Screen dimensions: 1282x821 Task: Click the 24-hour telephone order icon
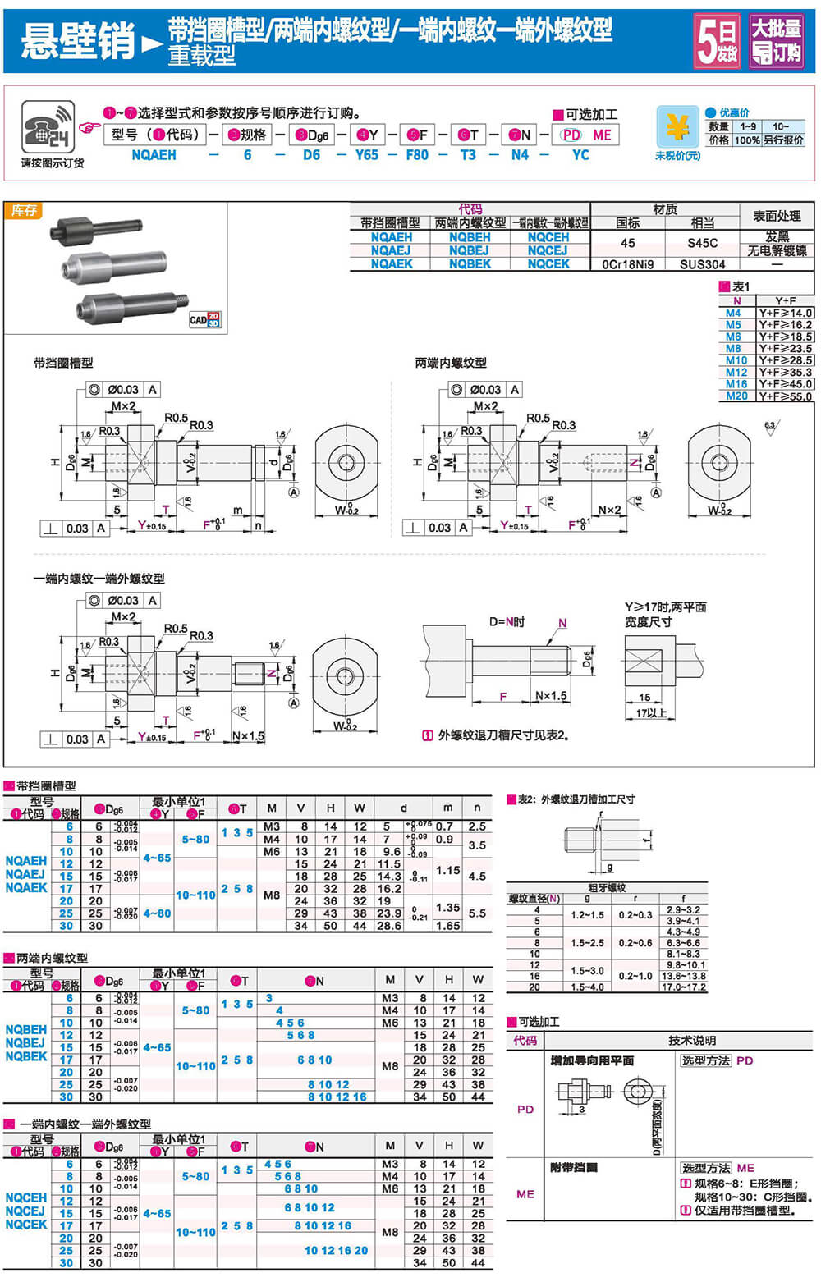pyautogui.click(x=48, y=127)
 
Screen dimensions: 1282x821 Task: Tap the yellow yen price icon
pyautogui.click(x=677, y=127)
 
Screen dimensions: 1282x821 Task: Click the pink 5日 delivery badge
pyautogui.click(x=717, y=40)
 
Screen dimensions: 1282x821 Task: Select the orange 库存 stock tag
pyautogui.click(x=24, y=211)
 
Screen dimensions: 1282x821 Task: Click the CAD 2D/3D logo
pyautogui.click(x=204, y=319)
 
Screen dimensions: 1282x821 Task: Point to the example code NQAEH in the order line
pyautogui.click(x=154, y=154)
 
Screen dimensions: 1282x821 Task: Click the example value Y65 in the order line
pyautogui.click(x=366, y=154)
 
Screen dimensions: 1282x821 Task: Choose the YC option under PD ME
pyautogui.click(x=580, y=154)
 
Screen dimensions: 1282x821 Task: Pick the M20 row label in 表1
pyautogui.click(x=736, y=396)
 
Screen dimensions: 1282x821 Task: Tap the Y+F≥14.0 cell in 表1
pyautogui.click(x=785, y=313)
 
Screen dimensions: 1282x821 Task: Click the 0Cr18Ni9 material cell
pyautogui.click(x=629, y=264)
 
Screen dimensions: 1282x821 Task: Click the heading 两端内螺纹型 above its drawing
pyautogui.click(x=451, y=363)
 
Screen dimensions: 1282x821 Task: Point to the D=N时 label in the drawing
pyautogui.click(x=507, y=622)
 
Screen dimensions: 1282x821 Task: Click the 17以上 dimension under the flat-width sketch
pyautogui.click(x=650, y=712)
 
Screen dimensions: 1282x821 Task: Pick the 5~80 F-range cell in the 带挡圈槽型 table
pyautogui.click(x=195, y=839)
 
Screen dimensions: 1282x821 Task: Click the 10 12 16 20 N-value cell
pyautogui.click(x=337, y=1251)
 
